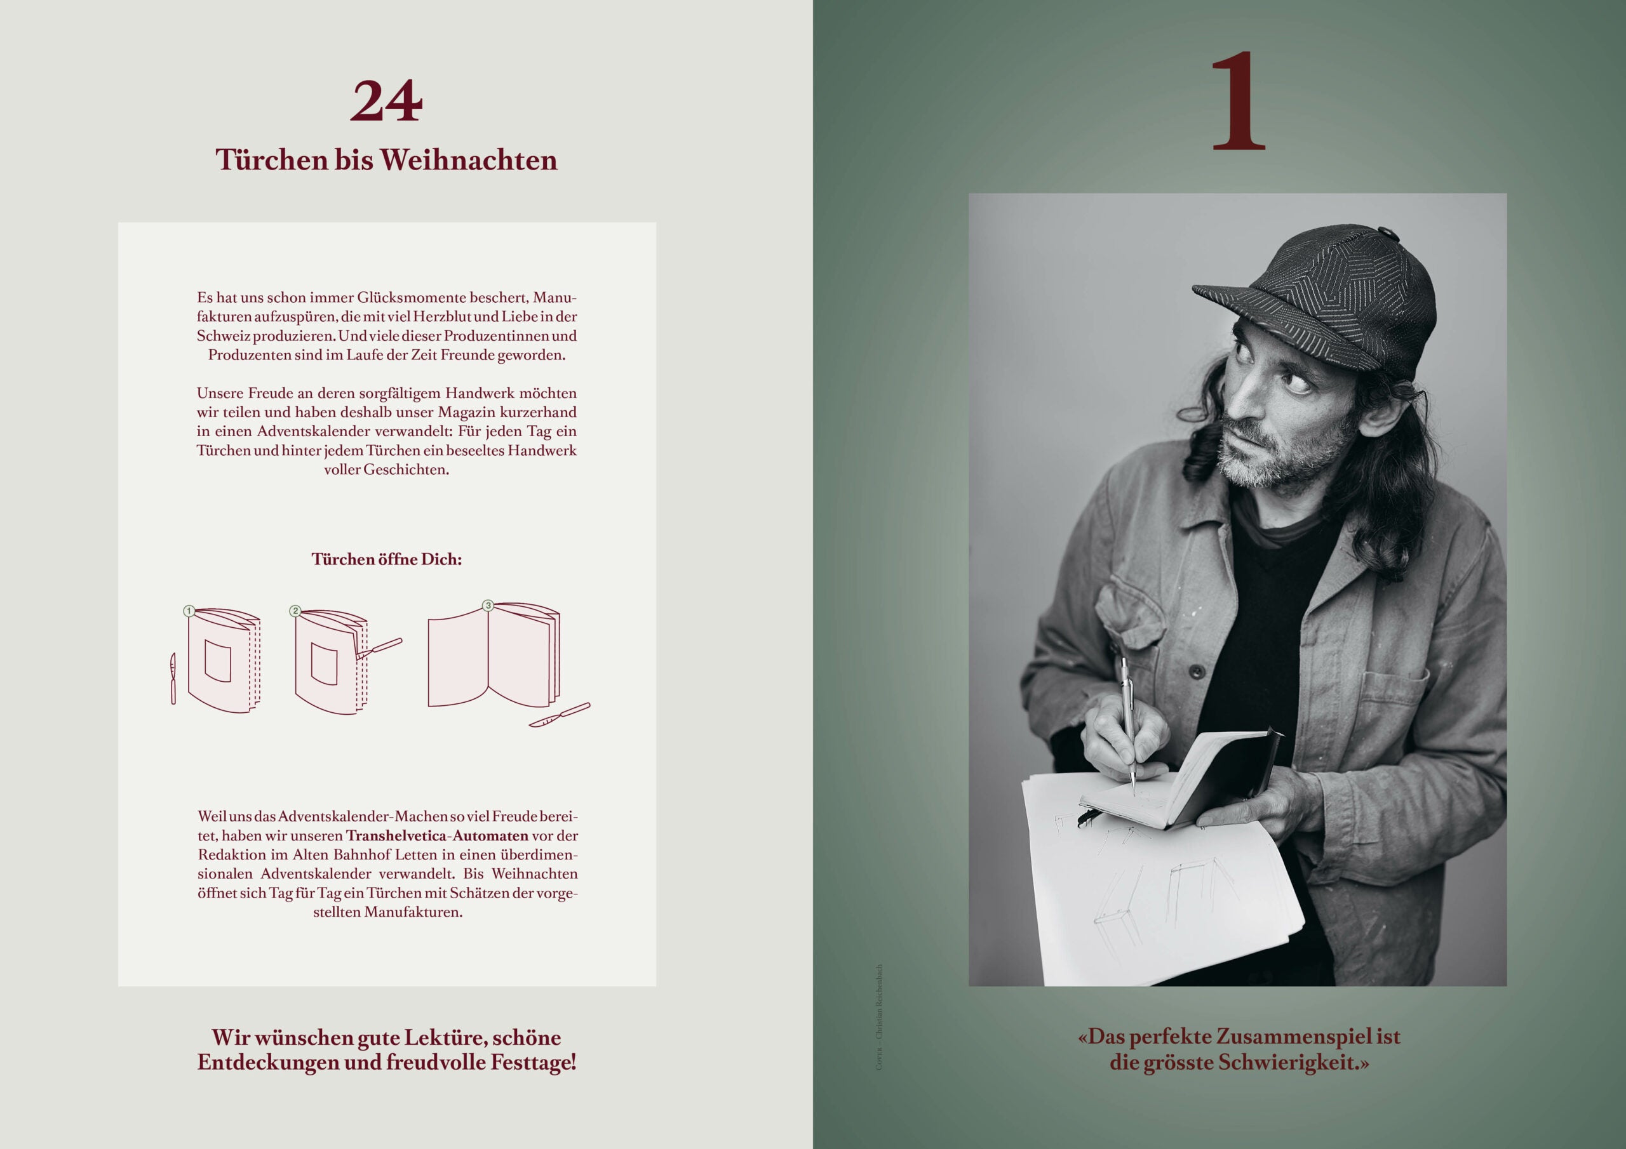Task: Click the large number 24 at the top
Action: point(386,101)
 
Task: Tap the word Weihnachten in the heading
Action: point(468,160)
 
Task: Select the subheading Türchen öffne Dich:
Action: point(387,559)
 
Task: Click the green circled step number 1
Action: point(189,610)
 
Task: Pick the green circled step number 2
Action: point(296,610)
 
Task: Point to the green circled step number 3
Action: point(487,606)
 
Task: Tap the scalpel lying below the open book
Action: point(560,715)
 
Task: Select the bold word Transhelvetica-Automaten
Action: point(437,835)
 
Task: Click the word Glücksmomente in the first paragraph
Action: point(412,297)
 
